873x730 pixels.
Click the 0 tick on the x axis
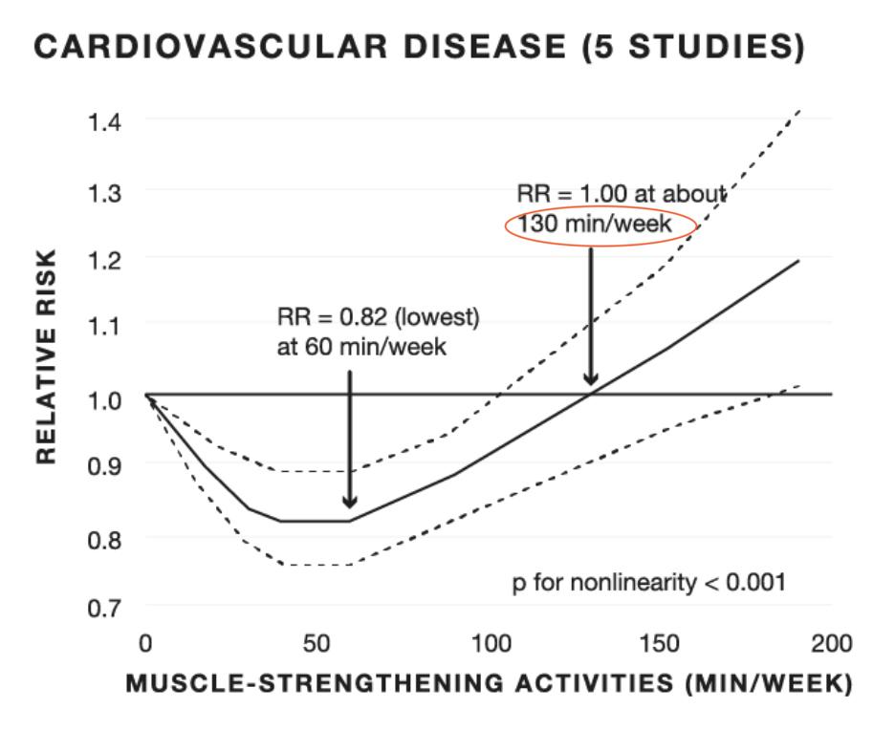click(145, 643)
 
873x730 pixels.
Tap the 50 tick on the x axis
click(318, 643)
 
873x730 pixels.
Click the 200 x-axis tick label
click(831, 643)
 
